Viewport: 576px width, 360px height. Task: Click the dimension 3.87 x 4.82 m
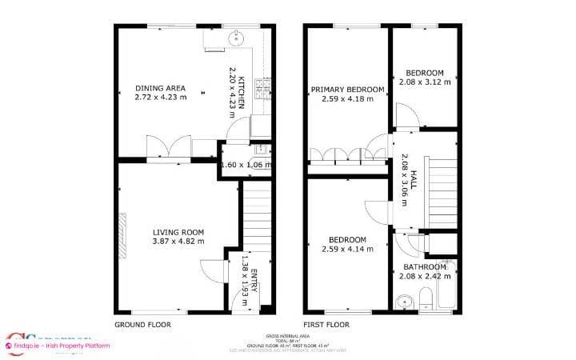[178, 241]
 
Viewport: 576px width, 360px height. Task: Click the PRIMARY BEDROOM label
[347, 89]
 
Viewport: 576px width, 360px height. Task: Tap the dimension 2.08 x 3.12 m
[424, 81]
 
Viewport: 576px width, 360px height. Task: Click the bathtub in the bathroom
[448, 285]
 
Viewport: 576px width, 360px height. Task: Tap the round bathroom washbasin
[405, 303]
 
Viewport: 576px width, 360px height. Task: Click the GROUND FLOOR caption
[143, 326]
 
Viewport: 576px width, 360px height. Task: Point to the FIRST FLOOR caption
[329, 326]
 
